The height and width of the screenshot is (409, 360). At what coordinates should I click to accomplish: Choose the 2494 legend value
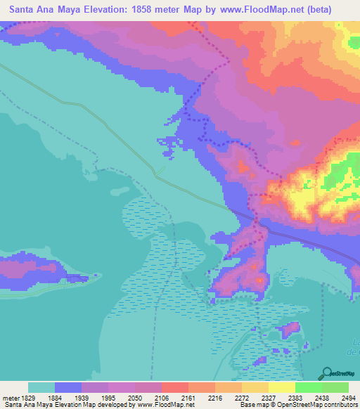(x=347, y=397)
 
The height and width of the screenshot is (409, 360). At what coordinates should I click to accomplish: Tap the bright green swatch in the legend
(x=308, y=387)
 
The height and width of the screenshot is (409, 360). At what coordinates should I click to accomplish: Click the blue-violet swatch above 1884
(x=68, y=387)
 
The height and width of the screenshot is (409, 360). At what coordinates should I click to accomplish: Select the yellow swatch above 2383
(x=281, y=387)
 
